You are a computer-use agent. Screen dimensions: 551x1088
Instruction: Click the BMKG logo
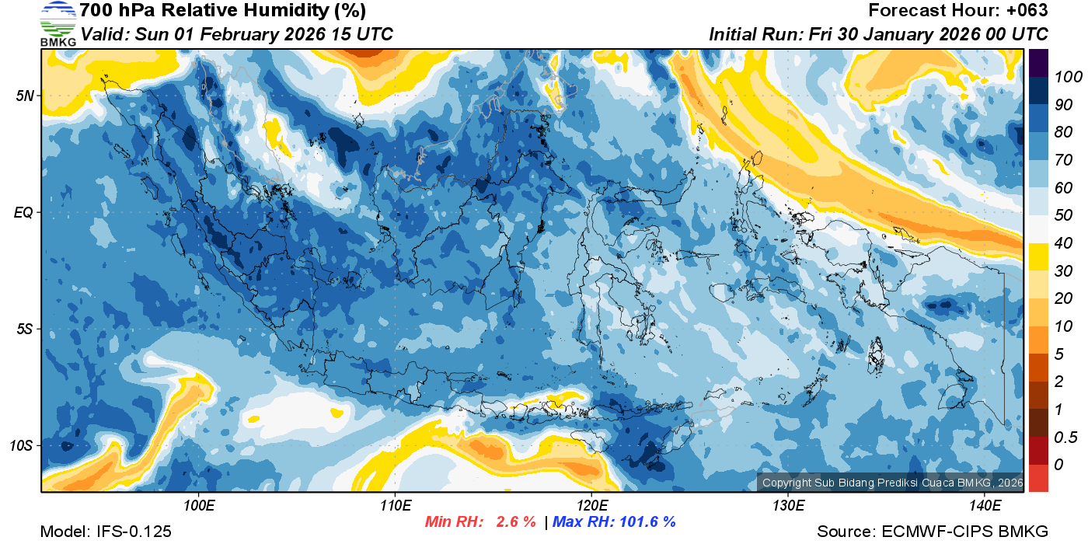click(x=58, y=24)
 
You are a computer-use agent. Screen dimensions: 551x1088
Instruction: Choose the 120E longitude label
click(x=591, y=506)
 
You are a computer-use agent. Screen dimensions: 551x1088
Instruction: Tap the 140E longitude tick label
click(x=985, y=506)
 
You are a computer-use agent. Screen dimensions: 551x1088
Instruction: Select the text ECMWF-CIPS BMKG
click(x=965, y=532)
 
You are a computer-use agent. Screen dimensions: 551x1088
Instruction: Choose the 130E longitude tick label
click(x=788, y=506)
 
